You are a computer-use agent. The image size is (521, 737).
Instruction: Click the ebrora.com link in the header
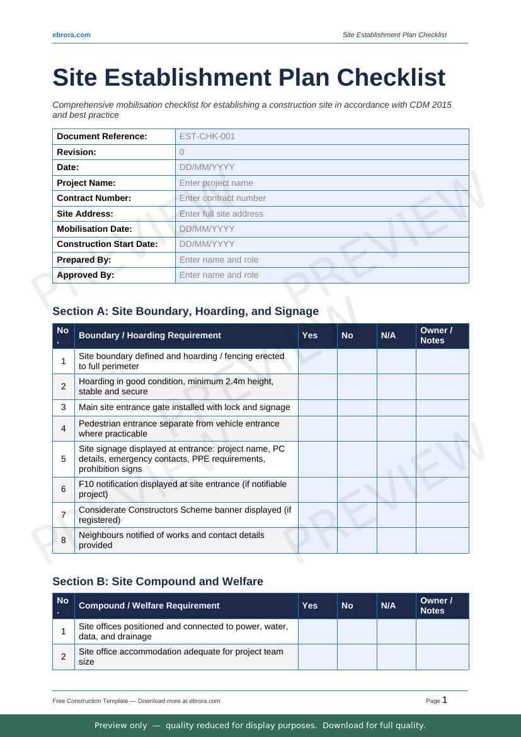pyautogui.click(x=71, y=35)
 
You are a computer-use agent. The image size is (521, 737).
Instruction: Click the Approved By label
pyautogui.click(x=85, y=275)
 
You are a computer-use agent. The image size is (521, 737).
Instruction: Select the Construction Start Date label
pyautogui.click(x=107, y=244)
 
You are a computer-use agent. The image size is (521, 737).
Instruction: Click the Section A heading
pyautogui.click(x=185, y=311)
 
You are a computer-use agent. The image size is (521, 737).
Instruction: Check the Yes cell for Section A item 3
pyautogui.click(x=318, y=408)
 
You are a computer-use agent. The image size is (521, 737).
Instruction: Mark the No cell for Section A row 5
pyautogui.click(x=357, y=459)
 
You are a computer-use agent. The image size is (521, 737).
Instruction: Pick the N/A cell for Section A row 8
pyautogui.click(x=396, y=540)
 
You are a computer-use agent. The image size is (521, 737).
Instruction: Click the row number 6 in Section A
pyautogui.click(x=64, y=489)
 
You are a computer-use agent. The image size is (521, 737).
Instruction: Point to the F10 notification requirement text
pyautogui.click(x=183, y=489)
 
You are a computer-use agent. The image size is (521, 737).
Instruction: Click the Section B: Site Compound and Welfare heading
pyautogui.click(x=157, y=581)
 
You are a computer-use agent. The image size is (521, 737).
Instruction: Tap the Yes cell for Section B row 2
pyautogui.click(x=318, y=656)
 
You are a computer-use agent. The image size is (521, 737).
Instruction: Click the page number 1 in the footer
pyautogui.click(x=445, y=700)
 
